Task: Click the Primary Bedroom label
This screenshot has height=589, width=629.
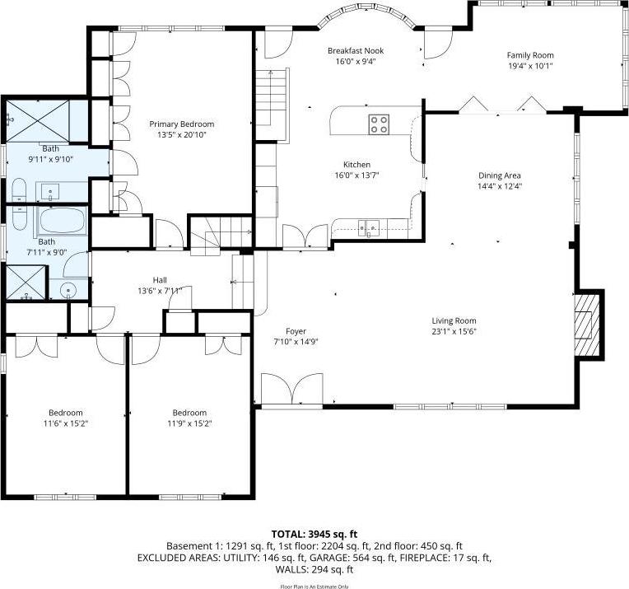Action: pos(181,124)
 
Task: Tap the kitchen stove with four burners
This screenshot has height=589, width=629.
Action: pos(379,124)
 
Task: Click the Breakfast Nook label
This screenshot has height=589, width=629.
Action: pos(355,51)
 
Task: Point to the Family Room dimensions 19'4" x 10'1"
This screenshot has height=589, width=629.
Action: pos(529,66)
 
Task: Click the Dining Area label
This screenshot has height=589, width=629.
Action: pos(500,175)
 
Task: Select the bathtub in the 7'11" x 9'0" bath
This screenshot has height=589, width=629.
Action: pos(61,221)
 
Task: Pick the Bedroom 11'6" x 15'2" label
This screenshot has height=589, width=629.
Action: pos(65,413)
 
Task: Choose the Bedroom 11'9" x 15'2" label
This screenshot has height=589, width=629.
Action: pos(189,413)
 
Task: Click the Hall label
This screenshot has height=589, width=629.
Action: pos(160,280)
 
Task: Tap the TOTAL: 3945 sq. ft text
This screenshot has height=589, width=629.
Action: pos(314,534)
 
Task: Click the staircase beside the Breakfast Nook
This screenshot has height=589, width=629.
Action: pos(273,97)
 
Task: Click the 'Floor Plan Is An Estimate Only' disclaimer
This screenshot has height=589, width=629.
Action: pos(314,586)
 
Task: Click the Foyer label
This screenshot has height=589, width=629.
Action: pos(296,331)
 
